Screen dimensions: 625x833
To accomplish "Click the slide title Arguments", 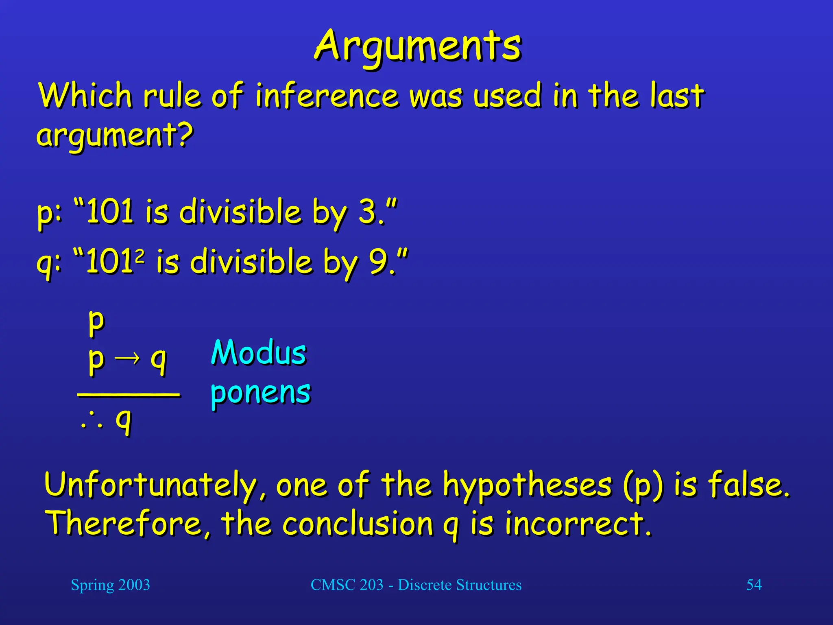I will tap(417, 47).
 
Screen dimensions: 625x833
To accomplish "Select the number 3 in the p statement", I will tap(367, 212).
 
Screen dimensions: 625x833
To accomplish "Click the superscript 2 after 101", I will tap(140, 256).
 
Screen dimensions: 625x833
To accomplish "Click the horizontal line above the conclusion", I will tap(129, 394).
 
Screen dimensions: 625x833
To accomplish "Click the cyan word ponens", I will tap(261, 393).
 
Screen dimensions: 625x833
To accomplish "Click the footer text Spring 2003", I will tap(110, 585).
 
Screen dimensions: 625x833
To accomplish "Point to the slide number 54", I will tap(754, 585).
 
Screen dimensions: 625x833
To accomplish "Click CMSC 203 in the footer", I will tap(347, 585).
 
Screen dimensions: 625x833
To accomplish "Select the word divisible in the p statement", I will tap(240, 212).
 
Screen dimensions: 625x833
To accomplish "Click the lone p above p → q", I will tap(97, 321).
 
